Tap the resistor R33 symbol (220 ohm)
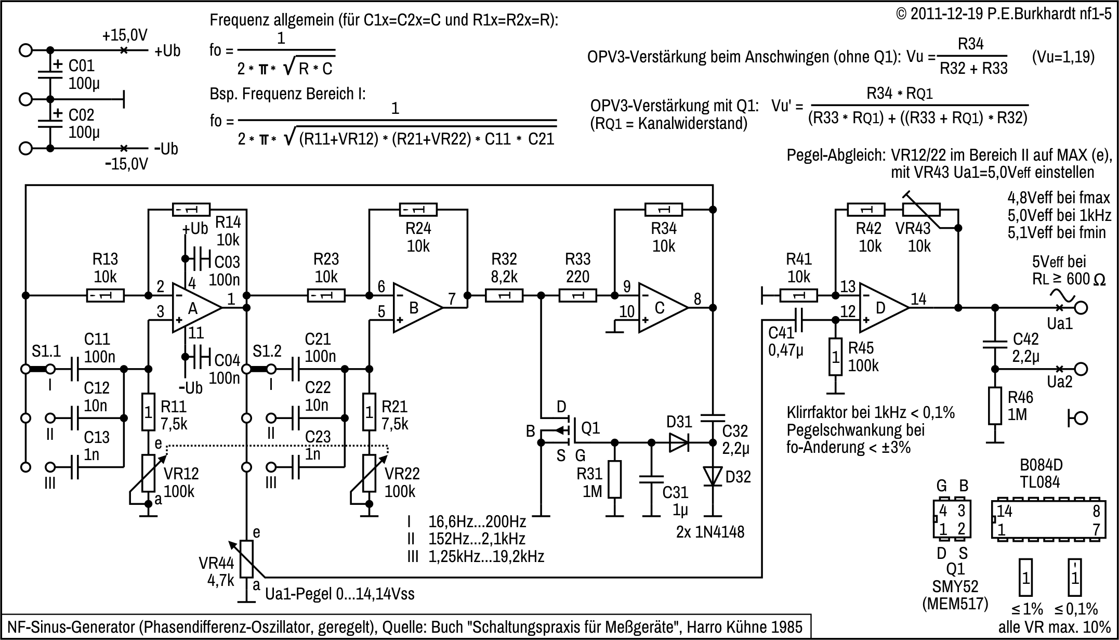pos(577,296)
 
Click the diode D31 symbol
pos(678,443)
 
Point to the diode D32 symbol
pos(713,476)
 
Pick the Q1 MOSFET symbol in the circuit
pos(559,430)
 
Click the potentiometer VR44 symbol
pos(246,558)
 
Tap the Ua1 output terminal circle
pos(1081,308)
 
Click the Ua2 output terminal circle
pos(1081,369)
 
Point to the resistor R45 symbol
pos(835,357)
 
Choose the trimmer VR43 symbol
pos(921,210)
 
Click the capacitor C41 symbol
pos(799,320)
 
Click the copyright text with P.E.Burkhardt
pos(1003,14)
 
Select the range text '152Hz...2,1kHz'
pos(477,539)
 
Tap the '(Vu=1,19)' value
pos(1063,57)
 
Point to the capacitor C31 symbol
pos(652,478)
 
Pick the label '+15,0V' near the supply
pos(125,35)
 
